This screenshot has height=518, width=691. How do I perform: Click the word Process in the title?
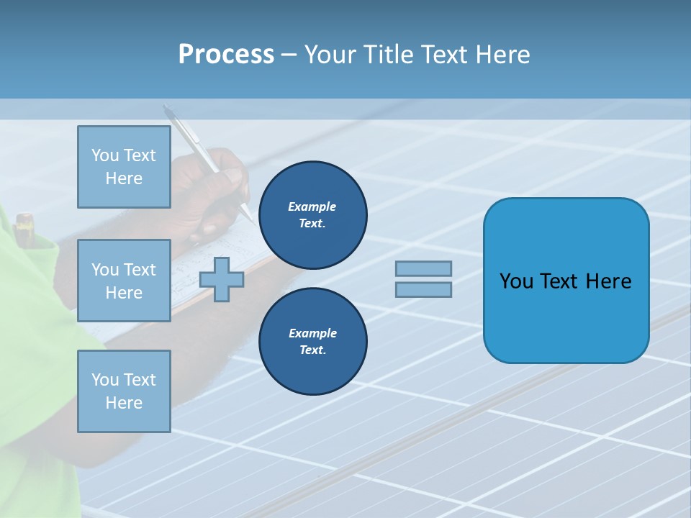click(x=226, y=55)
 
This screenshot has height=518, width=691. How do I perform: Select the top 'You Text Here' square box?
click(x=124, y=167)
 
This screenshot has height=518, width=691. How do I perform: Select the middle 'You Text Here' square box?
click(x=124, y=281)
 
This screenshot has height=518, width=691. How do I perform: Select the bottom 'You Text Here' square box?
click(x=124, y=391)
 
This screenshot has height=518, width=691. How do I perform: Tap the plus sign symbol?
click(x=222, y=279)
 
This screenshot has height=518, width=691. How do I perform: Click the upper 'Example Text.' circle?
click(x=312, y=215)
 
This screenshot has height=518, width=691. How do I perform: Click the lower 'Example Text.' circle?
click(x=312, y=342)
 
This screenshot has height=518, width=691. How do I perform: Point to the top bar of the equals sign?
click(x=423, y=268)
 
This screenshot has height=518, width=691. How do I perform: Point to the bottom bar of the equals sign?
click(x=423, y=289)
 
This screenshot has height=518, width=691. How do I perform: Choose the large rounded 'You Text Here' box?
click(x=566, y=281)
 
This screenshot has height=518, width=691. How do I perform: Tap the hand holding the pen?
click(x=216, y=194)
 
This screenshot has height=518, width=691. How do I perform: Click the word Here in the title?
click(x=502, y=55)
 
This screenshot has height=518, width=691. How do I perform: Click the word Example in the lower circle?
click(x=312, y=333)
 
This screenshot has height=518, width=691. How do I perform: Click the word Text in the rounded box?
click(x=561, y=281)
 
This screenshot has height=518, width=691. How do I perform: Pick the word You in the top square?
click(x=105, y=155)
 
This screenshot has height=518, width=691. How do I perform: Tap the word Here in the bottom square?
click(x=124, y=403)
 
